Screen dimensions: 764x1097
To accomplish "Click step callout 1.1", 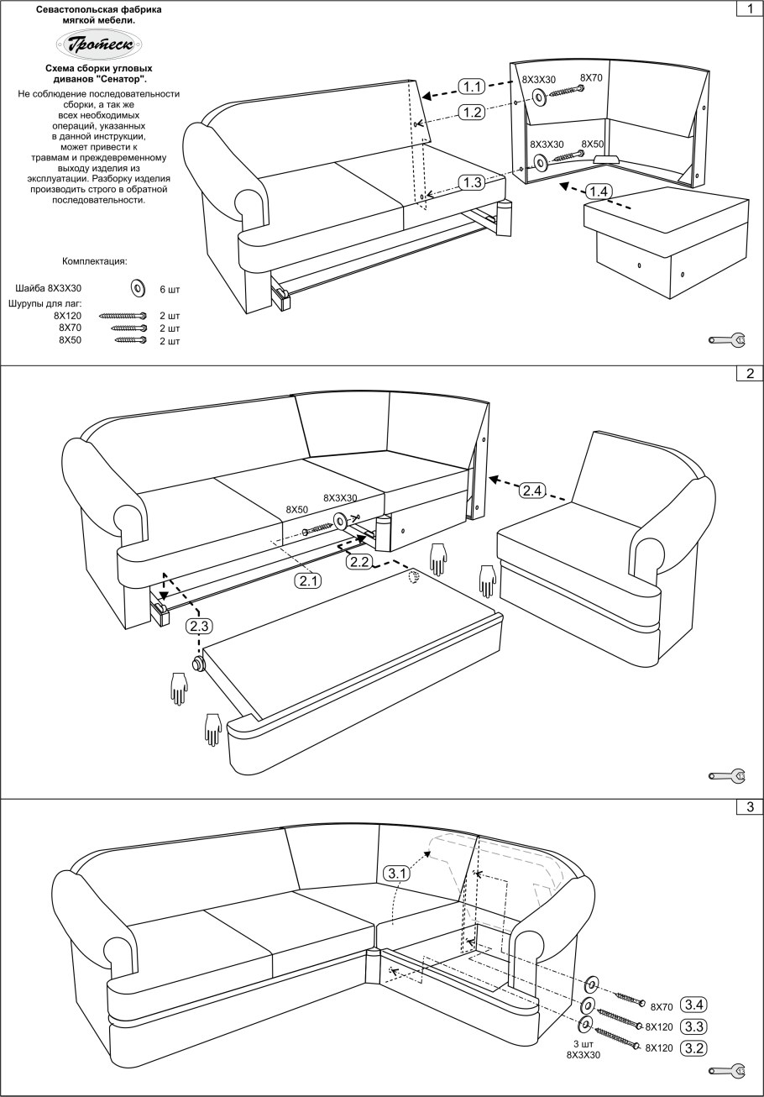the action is [x=471, y=87].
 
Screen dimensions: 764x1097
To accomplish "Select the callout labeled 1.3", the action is [x=472, y=182].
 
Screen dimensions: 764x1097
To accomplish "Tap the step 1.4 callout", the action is [x=599, y=192].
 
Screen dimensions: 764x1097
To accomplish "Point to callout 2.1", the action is [x=308, y=581].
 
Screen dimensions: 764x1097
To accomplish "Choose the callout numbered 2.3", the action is [x=199, y=626].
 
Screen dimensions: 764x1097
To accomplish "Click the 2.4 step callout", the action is [x=532, y=491].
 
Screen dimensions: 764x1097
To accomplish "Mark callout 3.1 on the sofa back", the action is [x=396, y=874].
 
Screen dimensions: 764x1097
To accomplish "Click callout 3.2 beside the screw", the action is [x=694, y=1047].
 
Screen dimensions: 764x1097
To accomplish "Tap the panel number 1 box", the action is [x=750, y=8].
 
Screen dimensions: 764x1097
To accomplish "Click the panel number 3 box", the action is [x=750, y=806].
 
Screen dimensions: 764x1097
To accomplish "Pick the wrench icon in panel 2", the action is [x=727, y=776].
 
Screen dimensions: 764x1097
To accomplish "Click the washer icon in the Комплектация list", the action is [x=138, y=288].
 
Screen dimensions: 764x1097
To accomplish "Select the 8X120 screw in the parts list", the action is [x=123, y=316].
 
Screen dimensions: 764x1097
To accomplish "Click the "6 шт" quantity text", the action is [x=170, y=290].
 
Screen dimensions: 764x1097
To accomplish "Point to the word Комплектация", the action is [x=95, y=261].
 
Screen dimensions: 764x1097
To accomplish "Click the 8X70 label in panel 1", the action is [x=591, y=78].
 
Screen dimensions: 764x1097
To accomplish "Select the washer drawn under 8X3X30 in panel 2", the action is [x=339, y=521].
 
